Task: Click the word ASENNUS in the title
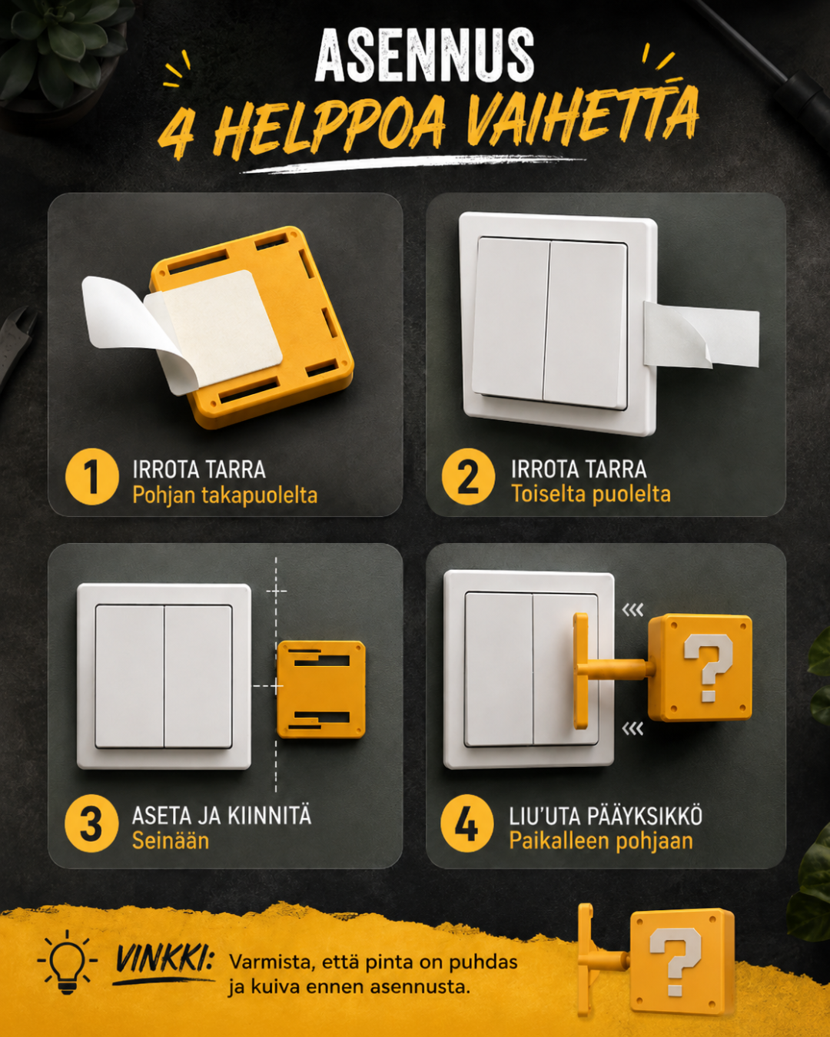pos(424,55)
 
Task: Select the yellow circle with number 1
pos(91,476)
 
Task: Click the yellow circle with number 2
pos(468,476)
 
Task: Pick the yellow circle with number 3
pos(91,823)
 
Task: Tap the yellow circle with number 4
pos(466,823)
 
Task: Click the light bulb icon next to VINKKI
pos(67,962)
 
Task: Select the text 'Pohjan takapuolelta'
pos(224,495)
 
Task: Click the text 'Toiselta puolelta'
pos(591,495)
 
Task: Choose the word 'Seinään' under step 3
pos(171,841)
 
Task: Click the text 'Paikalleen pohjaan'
pos(601,841)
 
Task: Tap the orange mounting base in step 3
pos(321,689)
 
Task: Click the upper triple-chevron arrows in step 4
pos(632,611)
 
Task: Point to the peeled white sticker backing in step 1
pos(125,318)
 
